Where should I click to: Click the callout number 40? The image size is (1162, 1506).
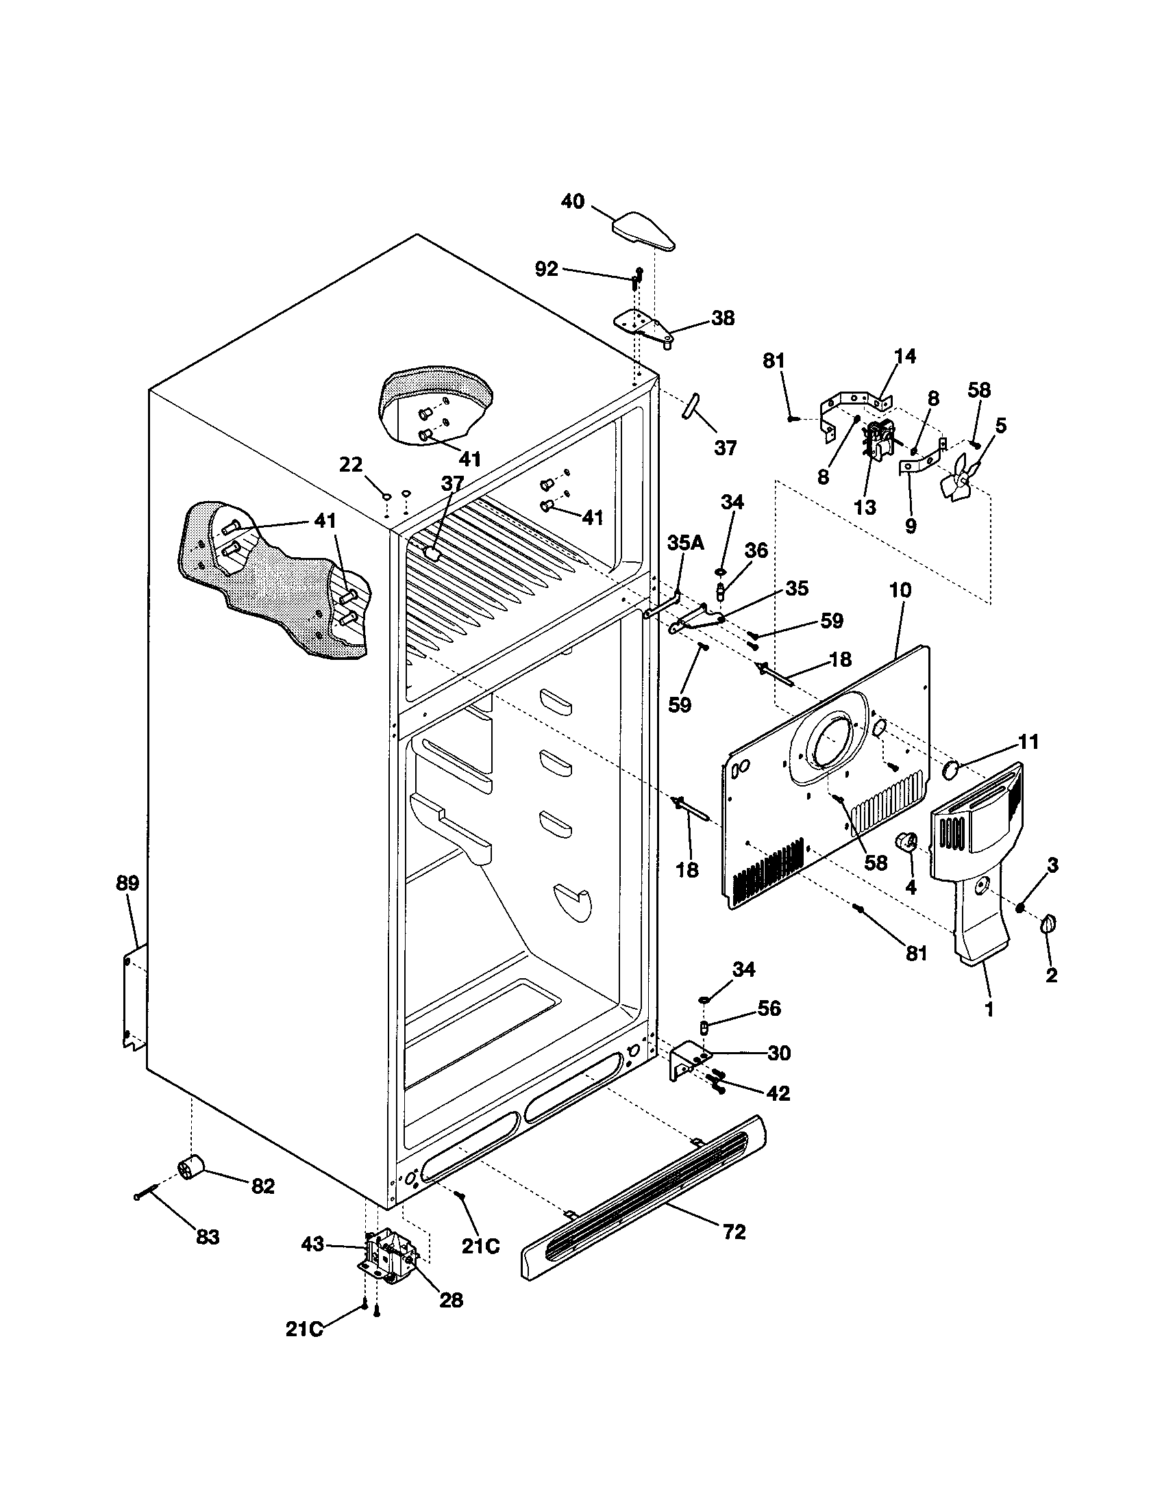(572, 201)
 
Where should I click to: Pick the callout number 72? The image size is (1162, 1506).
(734, 1231)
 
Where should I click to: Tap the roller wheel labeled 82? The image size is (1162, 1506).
(191, 1168)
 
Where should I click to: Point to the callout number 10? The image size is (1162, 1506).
(900, 590)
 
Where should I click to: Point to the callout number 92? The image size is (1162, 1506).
(547, 269)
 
